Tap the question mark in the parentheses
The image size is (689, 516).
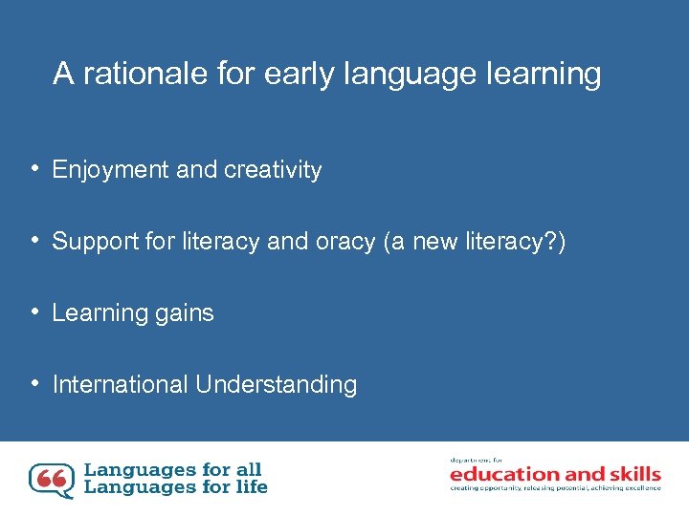[x=553, y=242]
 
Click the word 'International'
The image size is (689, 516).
[x=120, y=385]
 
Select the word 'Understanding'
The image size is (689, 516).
[x=276, y=385]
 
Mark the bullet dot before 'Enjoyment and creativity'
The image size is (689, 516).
[x=33, y=169]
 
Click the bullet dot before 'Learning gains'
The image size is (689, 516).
[x=33, y=312]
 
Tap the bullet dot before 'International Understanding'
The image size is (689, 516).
[x=33, y=383]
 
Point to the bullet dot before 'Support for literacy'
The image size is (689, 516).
[x=33, y=240]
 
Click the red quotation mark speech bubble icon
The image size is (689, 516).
[x=51, y=480]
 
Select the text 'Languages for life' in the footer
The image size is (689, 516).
[x=176, y=487]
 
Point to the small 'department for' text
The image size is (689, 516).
[x=471, y=461]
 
